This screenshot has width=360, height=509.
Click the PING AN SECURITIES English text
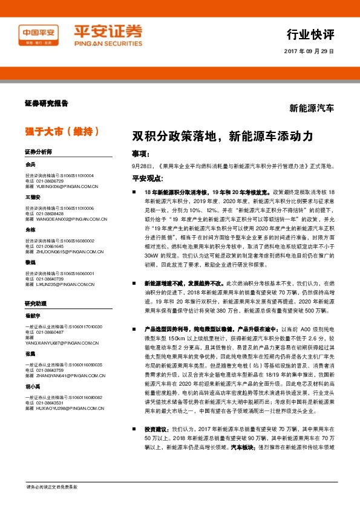point(110,44)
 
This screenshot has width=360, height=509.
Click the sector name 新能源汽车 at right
point(311,108)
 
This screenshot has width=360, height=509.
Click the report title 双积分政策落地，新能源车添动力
point(222,137)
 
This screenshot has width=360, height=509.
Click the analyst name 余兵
point(30,164)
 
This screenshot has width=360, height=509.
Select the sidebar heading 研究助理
point(35,302)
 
